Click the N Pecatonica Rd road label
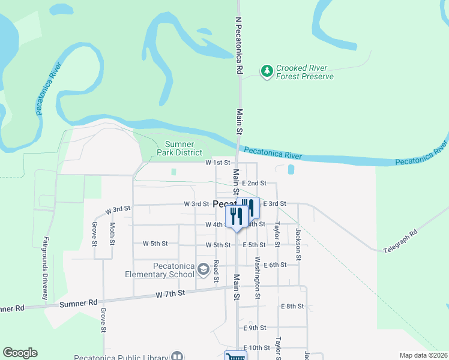tap(238, 45)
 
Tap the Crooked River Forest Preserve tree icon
tap(267, 71)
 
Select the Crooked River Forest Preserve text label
tap(304, 73)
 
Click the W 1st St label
tap(218, 163)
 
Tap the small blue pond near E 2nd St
tap(291, 170)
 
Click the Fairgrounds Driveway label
tap(45, 268)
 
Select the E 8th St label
tap(292, 306)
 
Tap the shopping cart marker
tap(235, 356)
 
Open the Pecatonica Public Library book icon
tap(177, 356)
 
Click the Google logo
tap(20, 353)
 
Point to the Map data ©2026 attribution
tap(423, 355)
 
